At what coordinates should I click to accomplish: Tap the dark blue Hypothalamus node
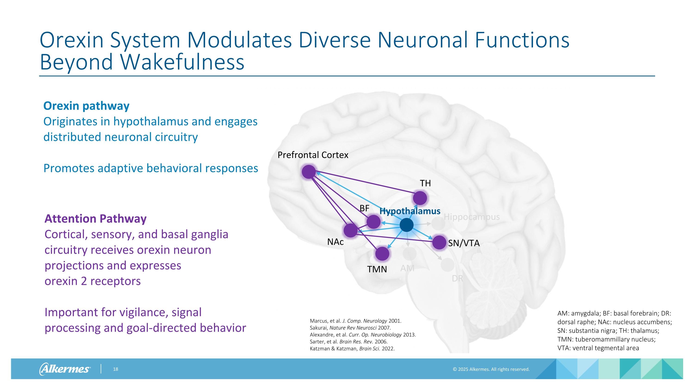tap(406, 225)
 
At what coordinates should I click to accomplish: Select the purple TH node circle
tap(420, 198)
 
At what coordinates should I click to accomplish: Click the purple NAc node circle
tap(350, 231)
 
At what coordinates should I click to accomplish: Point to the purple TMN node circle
tap(382, 254)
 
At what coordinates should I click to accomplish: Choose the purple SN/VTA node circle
tap(439, 242)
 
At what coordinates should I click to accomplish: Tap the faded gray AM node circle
tap(409, 254)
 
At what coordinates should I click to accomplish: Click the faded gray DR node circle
tap(447, 264)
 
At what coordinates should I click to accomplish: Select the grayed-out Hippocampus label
tap(471, 217)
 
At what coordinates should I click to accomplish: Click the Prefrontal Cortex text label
tap(313, 155)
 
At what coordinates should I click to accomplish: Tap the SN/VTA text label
tap(464, 243)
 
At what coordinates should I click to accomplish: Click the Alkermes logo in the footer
tap(65, 369)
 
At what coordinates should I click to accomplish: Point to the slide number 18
tap(116, 369)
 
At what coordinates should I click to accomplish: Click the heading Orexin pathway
tap(86, 106)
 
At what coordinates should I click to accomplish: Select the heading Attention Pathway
tap(95, 218)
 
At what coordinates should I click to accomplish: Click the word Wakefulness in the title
tap(182, 62)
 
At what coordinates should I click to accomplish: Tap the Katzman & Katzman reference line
tap(352, 349)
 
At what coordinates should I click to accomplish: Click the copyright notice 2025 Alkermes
tap(491, 369)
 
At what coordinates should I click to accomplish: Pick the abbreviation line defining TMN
tap(606, 339)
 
